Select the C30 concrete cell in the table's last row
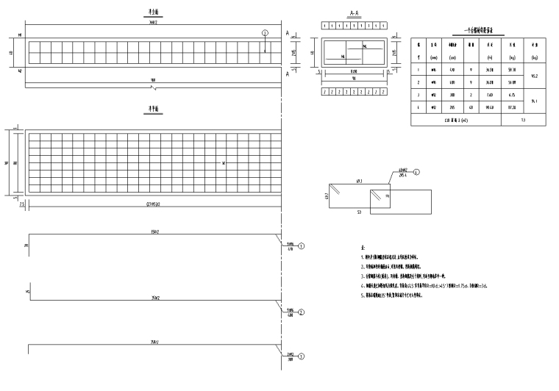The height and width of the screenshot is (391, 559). (x=456, y=118)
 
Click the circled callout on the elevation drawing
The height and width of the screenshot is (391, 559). (x=265, y=33)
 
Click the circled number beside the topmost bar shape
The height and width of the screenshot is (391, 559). (x=301, y=246)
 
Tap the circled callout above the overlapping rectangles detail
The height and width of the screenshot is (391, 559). (x=416, y=172)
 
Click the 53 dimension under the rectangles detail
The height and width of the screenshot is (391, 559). (x=358, y=211)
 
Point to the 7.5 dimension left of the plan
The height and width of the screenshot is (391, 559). (x=23, y=204)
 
